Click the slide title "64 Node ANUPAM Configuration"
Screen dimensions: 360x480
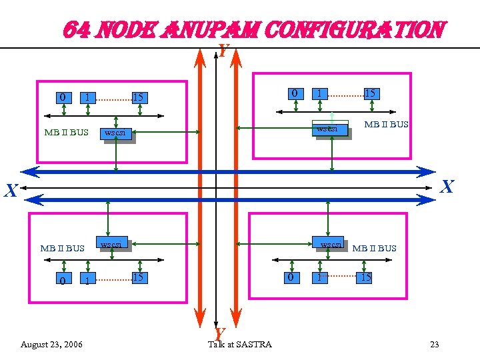[x=253, y=30]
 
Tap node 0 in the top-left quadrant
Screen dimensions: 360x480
[x=62, y=97]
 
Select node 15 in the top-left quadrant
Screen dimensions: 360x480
[x=138, y=98]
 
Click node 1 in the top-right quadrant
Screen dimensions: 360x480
[x=321, y=93]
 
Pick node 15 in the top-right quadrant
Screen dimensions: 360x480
[x=370, y=93]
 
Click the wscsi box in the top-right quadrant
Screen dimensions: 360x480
[x=331, y=129]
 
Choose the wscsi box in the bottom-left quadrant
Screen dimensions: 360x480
[x=111, y=245]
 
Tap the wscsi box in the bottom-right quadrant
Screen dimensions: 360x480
[x=331, y=245]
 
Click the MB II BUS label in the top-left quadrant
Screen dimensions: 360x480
[x=66, y=132]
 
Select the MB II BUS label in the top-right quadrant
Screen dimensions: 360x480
[x=386, y=125]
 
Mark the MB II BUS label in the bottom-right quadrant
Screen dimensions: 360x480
[x=374, y=249]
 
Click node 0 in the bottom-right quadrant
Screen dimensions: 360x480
[x=289, y=277]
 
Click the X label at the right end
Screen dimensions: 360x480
[x=447, y=187]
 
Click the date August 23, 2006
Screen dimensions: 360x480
[x=52, y=345]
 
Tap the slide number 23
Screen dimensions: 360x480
[x=435, y=345]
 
